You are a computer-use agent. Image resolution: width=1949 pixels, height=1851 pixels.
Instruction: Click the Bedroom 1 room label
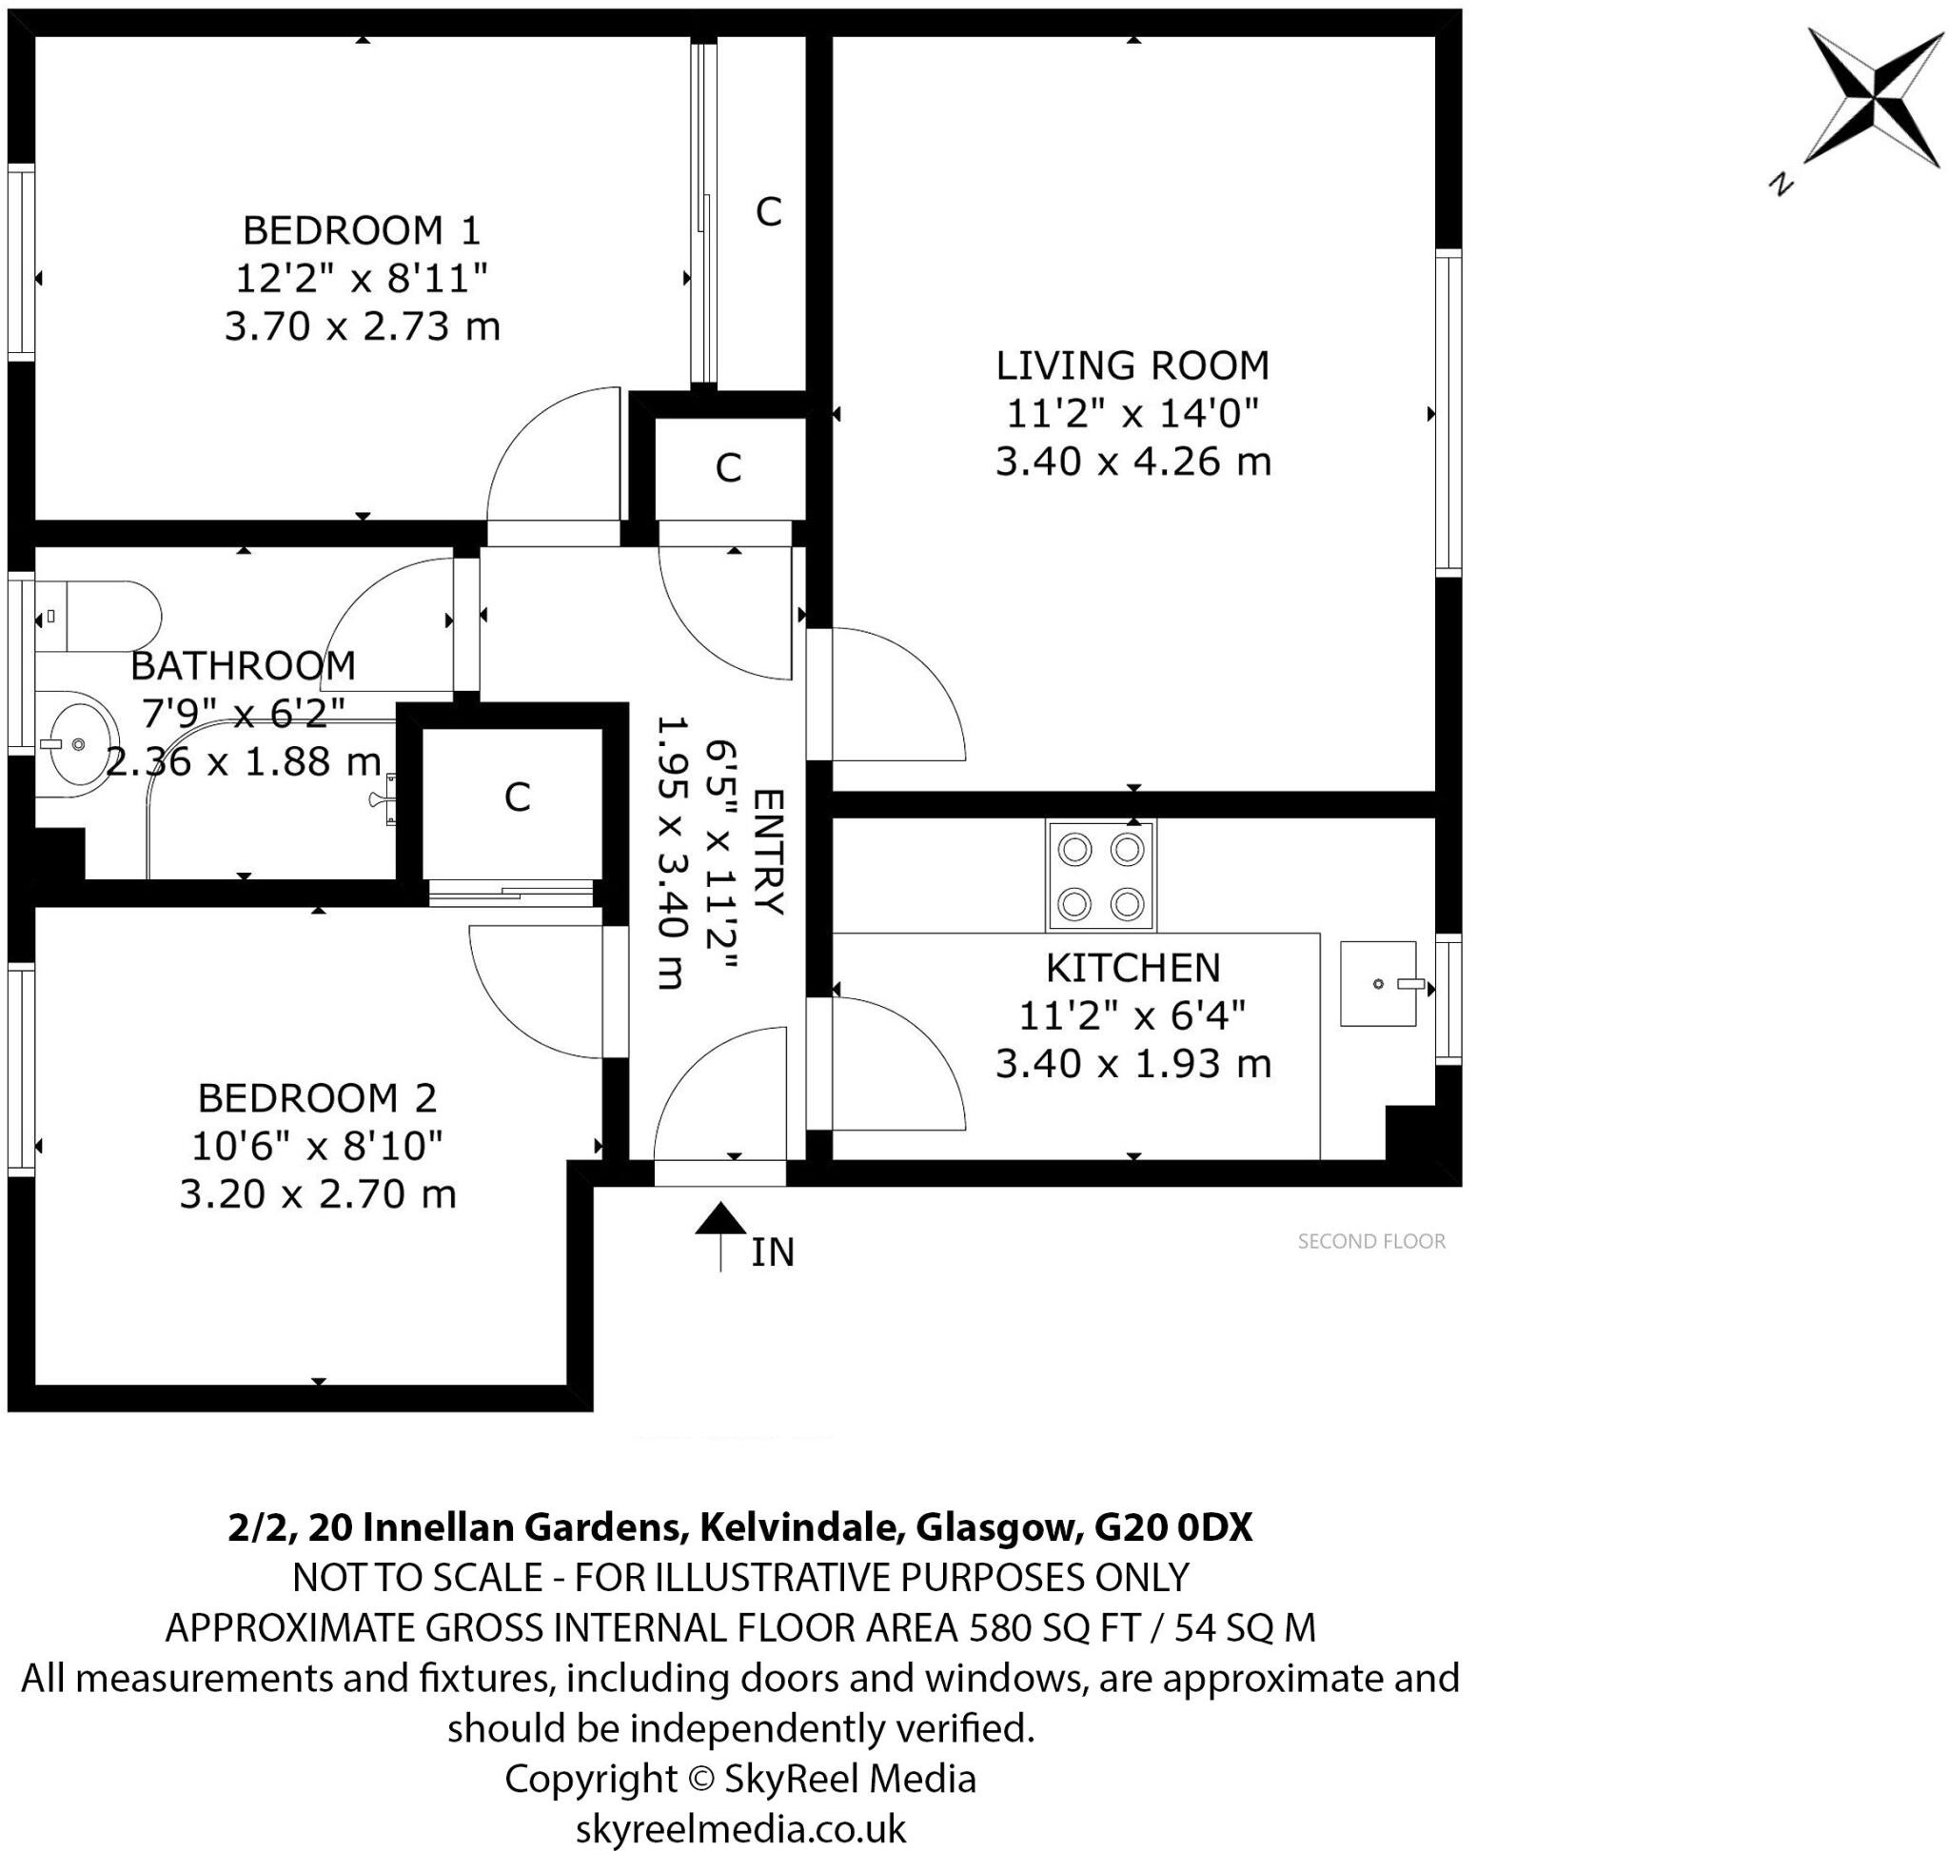pos(362,231)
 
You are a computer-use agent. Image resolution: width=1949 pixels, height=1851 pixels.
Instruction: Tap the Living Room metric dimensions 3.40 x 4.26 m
pos(1132,462)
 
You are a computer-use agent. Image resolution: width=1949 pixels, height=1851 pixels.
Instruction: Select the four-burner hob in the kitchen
pos(1100,876)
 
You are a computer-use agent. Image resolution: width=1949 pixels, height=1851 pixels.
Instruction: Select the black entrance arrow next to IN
pos(720,1235)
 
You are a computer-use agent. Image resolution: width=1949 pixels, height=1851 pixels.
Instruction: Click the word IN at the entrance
pos(772,1252)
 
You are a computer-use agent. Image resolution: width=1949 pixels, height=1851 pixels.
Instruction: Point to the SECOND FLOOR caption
pos(1370,1241)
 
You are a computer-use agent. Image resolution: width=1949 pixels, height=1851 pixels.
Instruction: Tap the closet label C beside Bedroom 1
pos(768,211)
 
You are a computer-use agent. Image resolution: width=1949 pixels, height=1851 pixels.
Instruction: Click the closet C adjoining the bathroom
pos(516,798)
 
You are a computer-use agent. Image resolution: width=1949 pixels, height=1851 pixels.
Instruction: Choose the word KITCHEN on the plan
pos(1132,968)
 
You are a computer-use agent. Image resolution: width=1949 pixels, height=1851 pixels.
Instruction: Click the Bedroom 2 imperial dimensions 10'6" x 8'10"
pos(317,1147)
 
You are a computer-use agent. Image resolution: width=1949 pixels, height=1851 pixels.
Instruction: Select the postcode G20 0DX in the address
pos(1172,1528)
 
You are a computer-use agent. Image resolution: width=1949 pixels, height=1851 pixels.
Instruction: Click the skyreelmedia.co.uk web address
pos(740,1827)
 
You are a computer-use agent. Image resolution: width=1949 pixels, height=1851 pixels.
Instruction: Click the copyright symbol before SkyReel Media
pos(699,1778)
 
